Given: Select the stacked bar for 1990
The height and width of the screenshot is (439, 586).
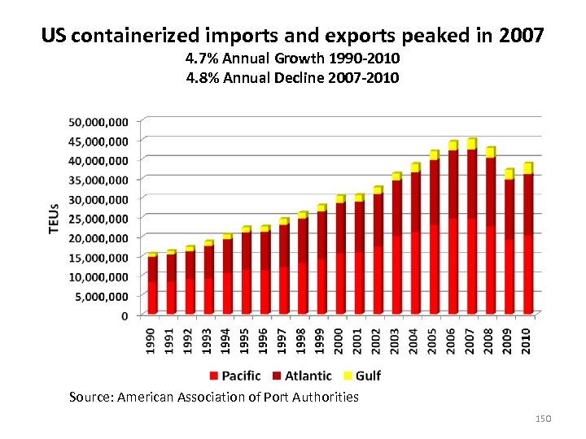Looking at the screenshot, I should [152, 285].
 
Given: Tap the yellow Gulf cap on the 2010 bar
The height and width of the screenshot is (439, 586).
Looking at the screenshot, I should [528, 168].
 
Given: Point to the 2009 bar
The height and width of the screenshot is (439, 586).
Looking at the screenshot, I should [509, 244].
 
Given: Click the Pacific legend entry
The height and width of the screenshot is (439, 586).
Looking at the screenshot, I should [235, 376].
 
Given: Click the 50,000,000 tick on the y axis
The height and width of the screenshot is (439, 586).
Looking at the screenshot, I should [98, 122].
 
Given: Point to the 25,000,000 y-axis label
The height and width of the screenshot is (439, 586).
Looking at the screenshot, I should [98, 219].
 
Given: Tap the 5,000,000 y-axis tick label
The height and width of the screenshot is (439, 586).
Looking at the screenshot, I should [101, 296].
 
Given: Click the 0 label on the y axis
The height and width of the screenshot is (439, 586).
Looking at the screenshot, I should [125, 315].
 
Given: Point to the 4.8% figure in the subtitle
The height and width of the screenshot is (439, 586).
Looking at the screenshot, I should [202, 78].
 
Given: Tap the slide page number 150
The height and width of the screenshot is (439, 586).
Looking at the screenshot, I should [544, 418].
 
